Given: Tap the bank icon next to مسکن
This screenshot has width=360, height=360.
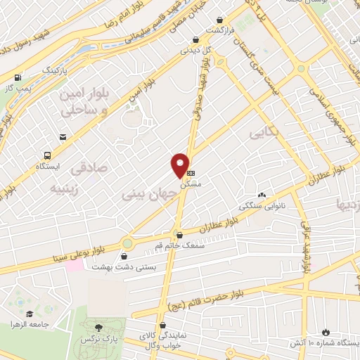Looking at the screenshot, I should [x=191, y=172].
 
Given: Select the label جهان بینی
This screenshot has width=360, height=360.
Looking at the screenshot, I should [x=146, y=192].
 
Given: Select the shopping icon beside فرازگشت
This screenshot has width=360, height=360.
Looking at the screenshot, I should [x=221, y=20].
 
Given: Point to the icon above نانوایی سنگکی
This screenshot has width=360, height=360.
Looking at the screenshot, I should [x=262, y=195].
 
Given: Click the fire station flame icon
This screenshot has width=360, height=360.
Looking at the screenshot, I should [x=325, y=331].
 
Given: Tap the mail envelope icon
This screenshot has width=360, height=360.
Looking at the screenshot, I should [x=63, y=135].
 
